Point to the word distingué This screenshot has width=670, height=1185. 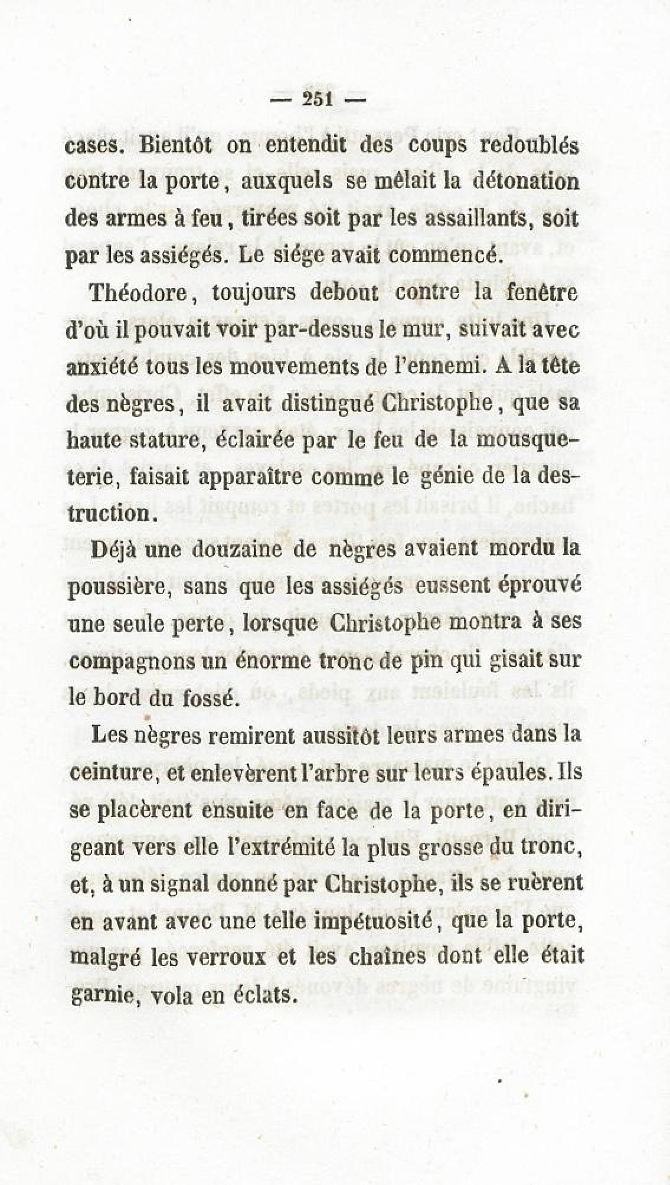[319, 405]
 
